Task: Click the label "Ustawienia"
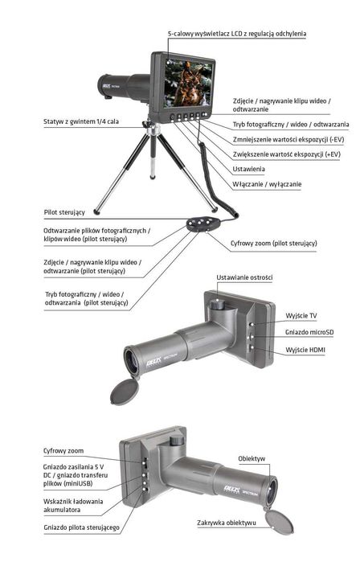(x=248, y=169)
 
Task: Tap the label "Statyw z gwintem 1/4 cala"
(x=81, y=121)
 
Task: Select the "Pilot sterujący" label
(x=64, y=212)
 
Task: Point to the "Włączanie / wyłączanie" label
(x=267, y=184)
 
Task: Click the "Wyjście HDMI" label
(x=305, y=350)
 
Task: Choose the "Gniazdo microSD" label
(x=309, y=332)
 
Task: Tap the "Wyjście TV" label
(x=301, y=316)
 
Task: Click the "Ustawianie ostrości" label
(x=244, y=277)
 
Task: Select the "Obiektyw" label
(x=252, y=458)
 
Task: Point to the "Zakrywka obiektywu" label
(x=227, y=523)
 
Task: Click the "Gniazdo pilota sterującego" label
(x=81, y=527)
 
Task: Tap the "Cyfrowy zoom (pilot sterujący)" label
(x=274, y=243)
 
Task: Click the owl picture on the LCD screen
(x=187, y=83)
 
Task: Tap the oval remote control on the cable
(x=202, y=224)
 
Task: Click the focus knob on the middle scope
(x=217, y=304)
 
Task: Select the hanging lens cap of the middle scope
(x=125, y=392)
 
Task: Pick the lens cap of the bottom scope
(x=279, y=523)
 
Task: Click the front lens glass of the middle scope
(x=131, y=361)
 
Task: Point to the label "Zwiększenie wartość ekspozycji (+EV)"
(x=286, y=154)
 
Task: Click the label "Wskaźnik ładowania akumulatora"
(x=73, y=506)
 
